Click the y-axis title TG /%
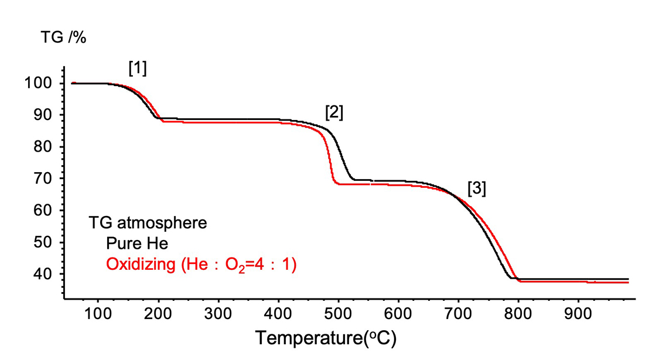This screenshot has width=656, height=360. click(x=63, y=38)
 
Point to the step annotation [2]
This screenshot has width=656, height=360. click(x=334, y=113)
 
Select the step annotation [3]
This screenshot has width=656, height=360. click(x=477, y=188)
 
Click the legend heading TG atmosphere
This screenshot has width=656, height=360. click(x=148, y=223)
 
